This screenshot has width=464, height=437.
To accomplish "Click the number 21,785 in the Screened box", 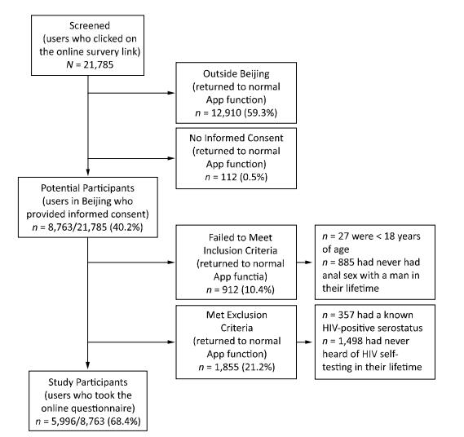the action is click(x=99, y=64).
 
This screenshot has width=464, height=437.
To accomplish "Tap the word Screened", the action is click(x=90, y=26).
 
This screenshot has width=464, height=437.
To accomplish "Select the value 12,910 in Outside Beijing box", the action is click(x=226, y=113).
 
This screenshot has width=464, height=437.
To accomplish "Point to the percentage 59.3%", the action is click(x=260, y=113).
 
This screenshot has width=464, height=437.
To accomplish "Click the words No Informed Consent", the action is click(x=236, y=138).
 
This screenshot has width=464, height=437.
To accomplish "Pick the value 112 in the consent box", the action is click(x=229, y=177).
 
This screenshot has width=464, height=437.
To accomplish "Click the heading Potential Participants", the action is click(x=87, y=188).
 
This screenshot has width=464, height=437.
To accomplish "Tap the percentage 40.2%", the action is click(x=126, y=227).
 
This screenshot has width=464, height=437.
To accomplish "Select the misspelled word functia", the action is click(x=251, y=276).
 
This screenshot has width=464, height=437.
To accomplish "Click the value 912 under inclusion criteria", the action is click(x=230, y=289).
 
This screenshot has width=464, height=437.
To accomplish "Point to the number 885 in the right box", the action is click(x=346, y=263).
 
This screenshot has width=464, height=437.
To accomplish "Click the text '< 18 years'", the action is click(x=399, y=236).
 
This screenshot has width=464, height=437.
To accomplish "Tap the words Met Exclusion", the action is click(x=236, y=315).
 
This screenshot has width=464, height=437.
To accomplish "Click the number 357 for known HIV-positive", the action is click(x=347, y=315).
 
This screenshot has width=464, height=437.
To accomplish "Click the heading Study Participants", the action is click(x=88, y=382).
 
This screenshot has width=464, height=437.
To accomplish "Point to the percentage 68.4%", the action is click(x=124, y=421).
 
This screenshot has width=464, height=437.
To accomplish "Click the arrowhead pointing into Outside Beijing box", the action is click(x=171, y=93).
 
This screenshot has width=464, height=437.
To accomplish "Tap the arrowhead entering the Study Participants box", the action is click(x=87, y=366).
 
